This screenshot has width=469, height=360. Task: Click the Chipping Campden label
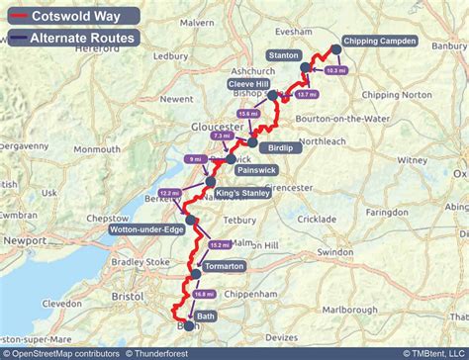click(381, 42)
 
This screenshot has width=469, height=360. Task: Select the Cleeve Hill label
click(248, 85)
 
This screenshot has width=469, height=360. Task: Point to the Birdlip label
click(281, 147)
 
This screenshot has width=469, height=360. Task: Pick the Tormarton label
click(223, 266)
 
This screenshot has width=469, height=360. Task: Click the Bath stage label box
click(206, 316)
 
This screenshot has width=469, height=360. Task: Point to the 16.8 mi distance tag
click(205, 294)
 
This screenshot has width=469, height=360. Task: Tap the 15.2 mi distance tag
click(220, 245)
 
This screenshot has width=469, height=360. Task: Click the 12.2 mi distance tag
click(169, 193)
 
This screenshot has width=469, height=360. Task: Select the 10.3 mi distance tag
click(336, 71)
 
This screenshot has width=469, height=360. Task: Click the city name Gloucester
click(217, 128)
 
